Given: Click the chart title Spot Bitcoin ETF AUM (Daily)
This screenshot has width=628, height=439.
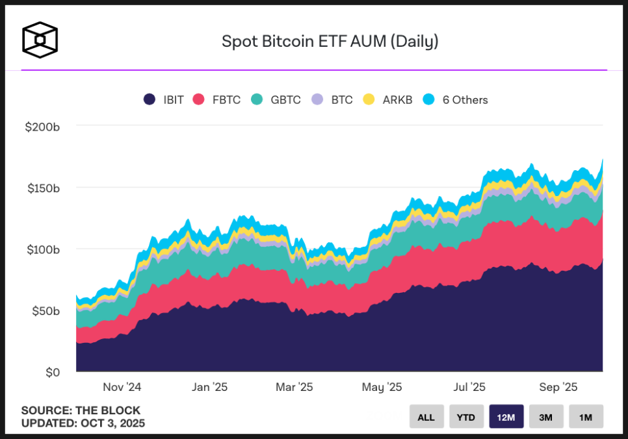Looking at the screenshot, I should click(330, 42).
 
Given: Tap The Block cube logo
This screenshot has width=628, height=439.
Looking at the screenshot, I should click(40, 40).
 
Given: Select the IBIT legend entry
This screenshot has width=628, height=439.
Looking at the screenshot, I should click(164, 100).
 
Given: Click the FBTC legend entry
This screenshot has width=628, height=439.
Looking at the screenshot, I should click(218, 100).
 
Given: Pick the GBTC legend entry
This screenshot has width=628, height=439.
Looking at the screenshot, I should click(276, 100).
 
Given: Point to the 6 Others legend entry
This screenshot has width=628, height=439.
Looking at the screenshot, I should click(456, 100).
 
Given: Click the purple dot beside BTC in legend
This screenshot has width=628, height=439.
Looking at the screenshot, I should click(317, 100).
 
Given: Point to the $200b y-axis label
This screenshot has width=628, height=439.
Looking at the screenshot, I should click(42, 127).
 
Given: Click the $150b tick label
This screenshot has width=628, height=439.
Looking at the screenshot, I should click(42, 188).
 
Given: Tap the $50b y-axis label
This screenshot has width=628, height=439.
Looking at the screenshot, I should click(45, 311).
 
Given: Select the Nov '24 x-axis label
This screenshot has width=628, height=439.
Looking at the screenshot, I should click(122, 388).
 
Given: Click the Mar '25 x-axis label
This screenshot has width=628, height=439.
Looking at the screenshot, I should click(294, 388).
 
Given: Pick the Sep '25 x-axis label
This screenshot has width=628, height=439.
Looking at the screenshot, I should click(558, 388).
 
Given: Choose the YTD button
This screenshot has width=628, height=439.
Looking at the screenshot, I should click(466, 417).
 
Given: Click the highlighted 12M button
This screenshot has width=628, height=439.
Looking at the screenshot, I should click(506, 417).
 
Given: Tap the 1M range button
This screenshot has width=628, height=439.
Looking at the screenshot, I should click(586, 417).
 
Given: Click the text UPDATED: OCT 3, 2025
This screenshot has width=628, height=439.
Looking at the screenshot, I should click(83, 423).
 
